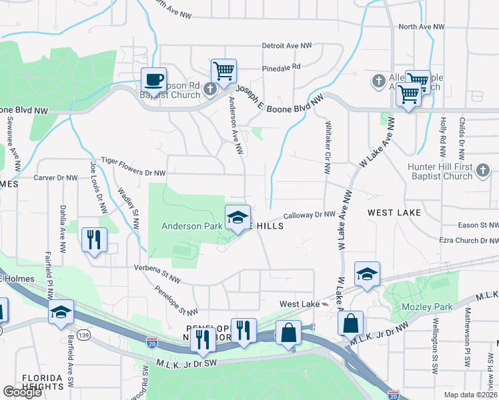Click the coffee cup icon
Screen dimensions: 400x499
tap(153, 80)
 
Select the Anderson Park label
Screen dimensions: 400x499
tap(191, 227)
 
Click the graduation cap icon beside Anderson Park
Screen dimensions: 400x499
tap(237, 217)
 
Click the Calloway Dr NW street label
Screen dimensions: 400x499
tap(308, 215)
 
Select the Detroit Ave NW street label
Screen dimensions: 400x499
tap(287, 46)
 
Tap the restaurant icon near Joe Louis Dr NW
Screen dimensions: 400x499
tap(94, 239)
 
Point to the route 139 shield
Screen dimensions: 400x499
tap(83, 333)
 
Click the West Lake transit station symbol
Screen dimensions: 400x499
tap(326, 304)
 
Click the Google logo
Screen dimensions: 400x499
tap(23, 392)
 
